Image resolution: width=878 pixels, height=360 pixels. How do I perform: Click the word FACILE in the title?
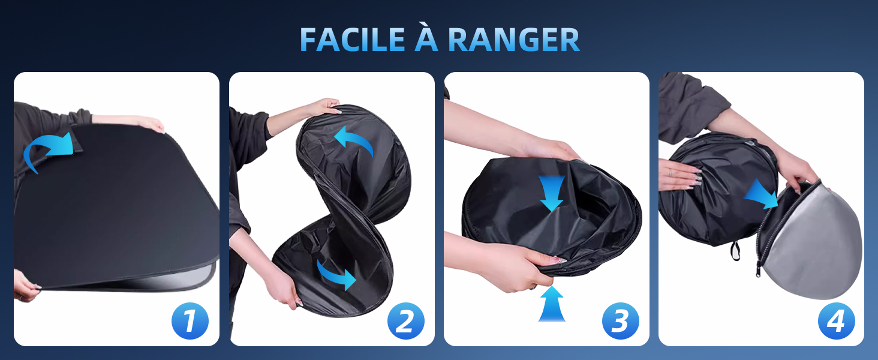click(x=352, y=40)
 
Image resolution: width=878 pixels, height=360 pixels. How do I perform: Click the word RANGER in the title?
click(x=513, y=40)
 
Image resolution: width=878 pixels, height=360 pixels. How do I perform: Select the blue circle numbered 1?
click(x=190, y=321)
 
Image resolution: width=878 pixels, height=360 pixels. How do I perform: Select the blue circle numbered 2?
click(x=405, y=321)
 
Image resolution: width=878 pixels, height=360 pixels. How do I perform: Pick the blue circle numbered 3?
click(x=621, y=321)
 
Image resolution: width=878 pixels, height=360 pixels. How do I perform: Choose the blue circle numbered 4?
click(x=837, y=321)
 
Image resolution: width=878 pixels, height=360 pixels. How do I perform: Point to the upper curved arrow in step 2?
click(x=354, y=137)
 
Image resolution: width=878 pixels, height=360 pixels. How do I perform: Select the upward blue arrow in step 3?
click(x=552, y=304)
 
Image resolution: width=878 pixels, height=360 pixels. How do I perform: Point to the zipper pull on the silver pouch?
click(x=759, y=271)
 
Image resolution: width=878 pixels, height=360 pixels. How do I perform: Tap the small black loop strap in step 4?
click(x=735, y=250)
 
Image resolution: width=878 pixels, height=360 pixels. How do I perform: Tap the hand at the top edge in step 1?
click(x=151, y=124)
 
